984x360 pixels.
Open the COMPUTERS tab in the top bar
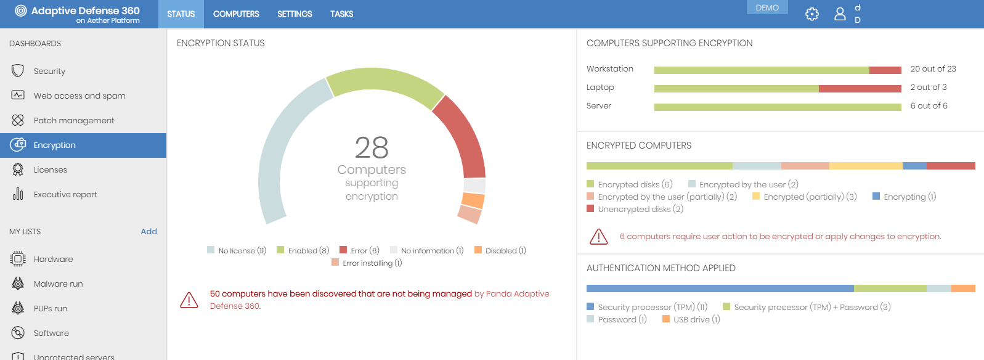point(236,14)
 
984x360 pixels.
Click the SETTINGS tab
point(295,14)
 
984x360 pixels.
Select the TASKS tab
point(341,14)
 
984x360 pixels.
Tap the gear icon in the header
point(812,14)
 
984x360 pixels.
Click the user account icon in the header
point(840,14)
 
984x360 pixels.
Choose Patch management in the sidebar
point(74,121)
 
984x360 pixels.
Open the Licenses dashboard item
point(50,170)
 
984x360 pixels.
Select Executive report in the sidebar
point(65,195)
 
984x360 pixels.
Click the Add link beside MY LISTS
point(148,232)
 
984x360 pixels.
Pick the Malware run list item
point(58,284)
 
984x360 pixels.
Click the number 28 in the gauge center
point(372,148)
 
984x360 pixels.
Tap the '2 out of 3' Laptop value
point(929,88)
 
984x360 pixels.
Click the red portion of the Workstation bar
point(885,70)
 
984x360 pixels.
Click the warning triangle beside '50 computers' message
point(189,300)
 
